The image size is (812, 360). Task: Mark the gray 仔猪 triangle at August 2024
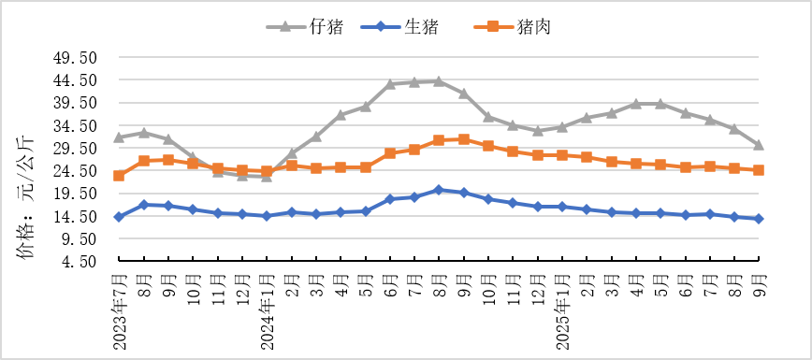[x=439, y=81]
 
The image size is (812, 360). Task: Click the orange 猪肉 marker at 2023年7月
[x=119, y=176]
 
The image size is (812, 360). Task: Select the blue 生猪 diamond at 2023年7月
[x=119, y=217]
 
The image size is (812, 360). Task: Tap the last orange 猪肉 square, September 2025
[x=759, y=170]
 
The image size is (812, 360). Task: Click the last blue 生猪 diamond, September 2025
[x=759, y=219]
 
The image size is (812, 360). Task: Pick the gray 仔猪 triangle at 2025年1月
[x=562, y=126]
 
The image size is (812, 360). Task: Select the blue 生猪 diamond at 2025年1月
[x=562, y=207]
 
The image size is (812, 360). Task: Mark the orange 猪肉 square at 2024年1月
[x=267, y=171]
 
